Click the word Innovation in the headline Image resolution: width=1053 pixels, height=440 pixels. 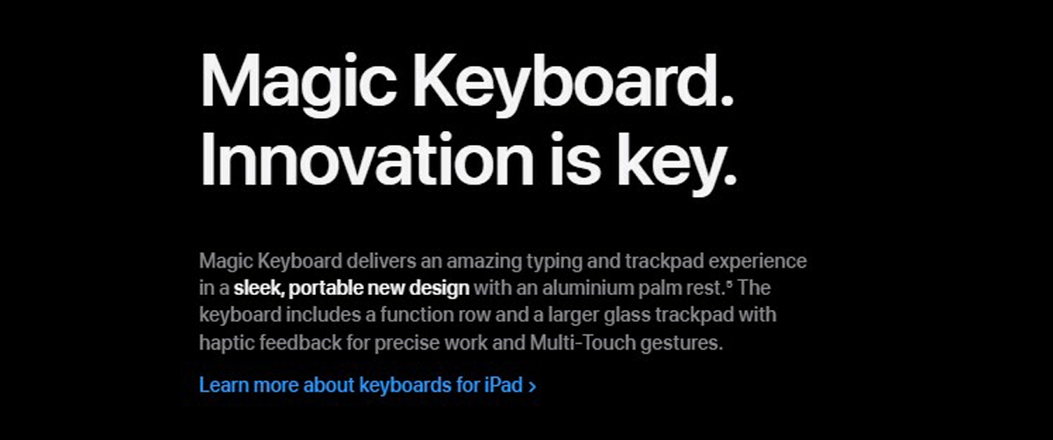coord(367,159)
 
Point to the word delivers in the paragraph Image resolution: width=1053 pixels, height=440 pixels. coord(381,261)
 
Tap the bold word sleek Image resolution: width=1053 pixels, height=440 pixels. coord(259,288)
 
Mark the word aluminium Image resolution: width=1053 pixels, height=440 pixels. coord(588,288)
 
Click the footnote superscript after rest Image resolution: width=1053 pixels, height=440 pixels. coord(729,284)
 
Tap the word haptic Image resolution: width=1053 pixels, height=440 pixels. coord(226,343)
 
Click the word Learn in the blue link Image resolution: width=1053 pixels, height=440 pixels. coord(224,385)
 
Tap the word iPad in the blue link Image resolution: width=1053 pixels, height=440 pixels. coord(504,385)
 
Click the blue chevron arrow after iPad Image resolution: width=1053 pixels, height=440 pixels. coord(532,386)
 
